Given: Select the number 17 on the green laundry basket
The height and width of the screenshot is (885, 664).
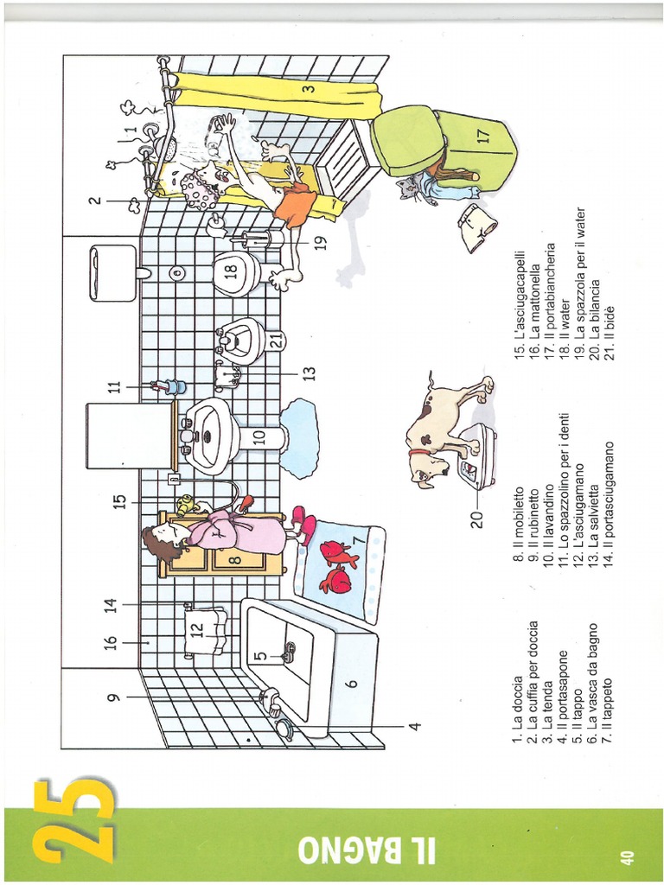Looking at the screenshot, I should click(x=482, y=136).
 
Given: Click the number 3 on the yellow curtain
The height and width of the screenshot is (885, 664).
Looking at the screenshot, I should click(x=307, y=88).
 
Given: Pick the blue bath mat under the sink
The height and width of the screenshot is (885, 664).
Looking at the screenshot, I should click(x=299, y=437).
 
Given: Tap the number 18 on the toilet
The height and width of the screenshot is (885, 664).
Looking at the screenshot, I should click(x=230, y=271).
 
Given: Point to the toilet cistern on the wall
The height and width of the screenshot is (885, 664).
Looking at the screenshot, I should click(x=113, y=273).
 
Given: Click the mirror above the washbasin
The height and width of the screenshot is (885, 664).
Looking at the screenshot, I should click(x=130, y=435).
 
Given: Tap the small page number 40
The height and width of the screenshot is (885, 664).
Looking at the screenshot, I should click(x=627, y=856).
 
